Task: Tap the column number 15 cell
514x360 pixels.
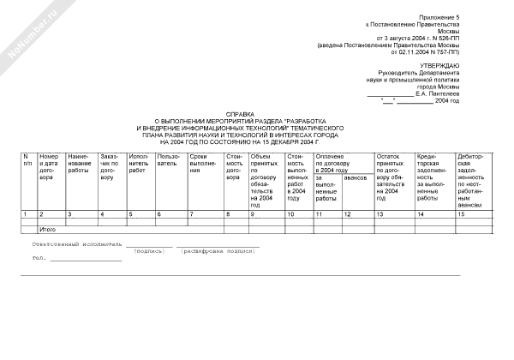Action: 462,213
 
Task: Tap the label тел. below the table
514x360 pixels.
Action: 38,257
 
